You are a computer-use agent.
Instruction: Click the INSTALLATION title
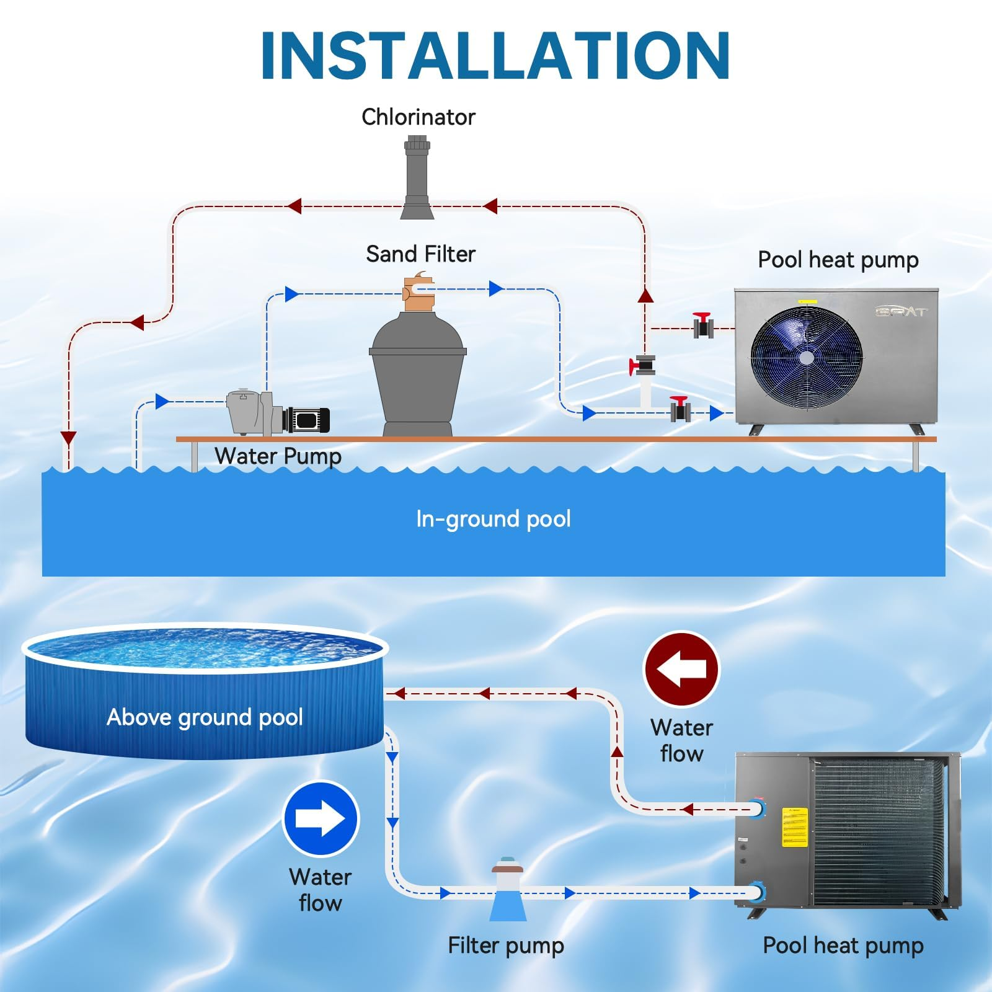(495, 56)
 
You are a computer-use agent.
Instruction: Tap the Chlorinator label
(418, 117)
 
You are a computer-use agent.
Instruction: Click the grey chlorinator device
(416, 180)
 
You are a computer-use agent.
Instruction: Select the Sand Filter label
(420, 254)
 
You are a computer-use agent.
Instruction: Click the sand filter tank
(418, 372)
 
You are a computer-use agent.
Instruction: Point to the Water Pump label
(278, 457)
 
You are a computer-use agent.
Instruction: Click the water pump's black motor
(307, 420)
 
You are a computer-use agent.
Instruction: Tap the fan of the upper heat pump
(806, 358)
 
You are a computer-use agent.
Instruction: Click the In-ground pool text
(494, 519)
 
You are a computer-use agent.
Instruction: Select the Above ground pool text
(205, 717)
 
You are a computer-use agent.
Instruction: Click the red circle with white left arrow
(681, 669)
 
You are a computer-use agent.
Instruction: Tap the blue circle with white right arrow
(321, 819)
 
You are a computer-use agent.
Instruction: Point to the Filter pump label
(506, 945)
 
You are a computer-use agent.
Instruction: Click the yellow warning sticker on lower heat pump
(795, 826)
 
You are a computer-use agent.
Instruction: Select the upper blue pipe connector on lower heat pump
(758, 809)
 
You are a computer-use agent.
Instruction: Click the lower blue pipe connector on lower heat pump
(758, 893)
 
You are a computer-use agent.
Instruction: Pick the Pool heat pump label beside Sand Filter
(838, 260)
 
